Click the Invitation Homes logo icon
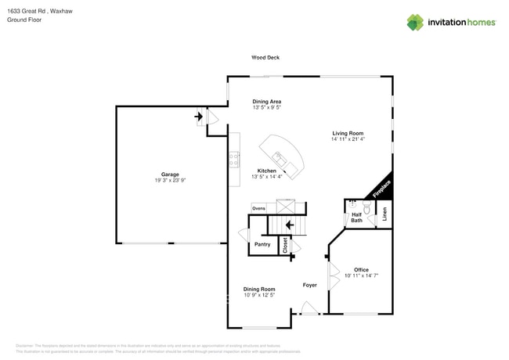click(x=414, y=23)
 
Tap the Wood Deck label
click(x=265, y=57)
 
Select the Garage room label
click(x=170, y=175)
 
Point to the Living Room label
click(x=348, y=134)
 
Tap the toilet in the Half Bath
click(x=366, y=209)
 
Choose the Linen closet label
click(x=384, y=214)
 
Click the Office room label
click(x=361, y=270)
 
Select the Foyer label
click(x=310, y=285)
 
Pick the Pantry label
click(x=262, y=244)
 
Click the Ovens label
click(x=258, y=208)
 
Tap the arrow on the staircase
click(x=290, y=225)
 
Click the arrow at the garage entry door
click(x=199, y=119)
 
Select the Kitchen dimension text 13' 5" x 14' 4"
click(x=267, y=177)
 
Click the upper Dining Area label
click(x=266, y=102)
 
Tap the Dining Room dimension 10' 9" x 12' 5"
click(x=258, y=295)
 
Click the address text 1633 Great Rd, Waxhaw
click(x=34, y=12)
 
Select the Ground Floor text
click(x=24, y=20)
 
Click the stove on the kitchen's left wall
click(x=234, y=160)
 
